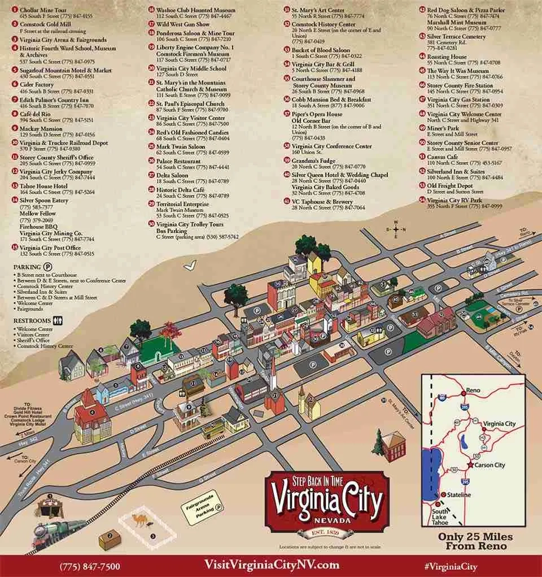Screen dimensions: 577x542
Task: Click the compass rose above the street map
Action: coord(396,229)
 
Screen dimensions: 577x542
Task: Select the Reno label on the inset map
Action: coord(473,391)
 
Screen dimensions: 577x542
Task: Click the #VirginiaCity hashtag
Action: coord(451,566)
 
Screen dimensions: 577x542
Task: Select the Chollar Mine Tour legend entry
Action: coord(42,10)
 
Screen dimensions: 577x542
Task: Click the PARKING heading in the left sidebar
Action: coord(28,266)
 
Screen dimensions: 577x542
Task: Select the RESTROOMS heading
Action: coord(33,320)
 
